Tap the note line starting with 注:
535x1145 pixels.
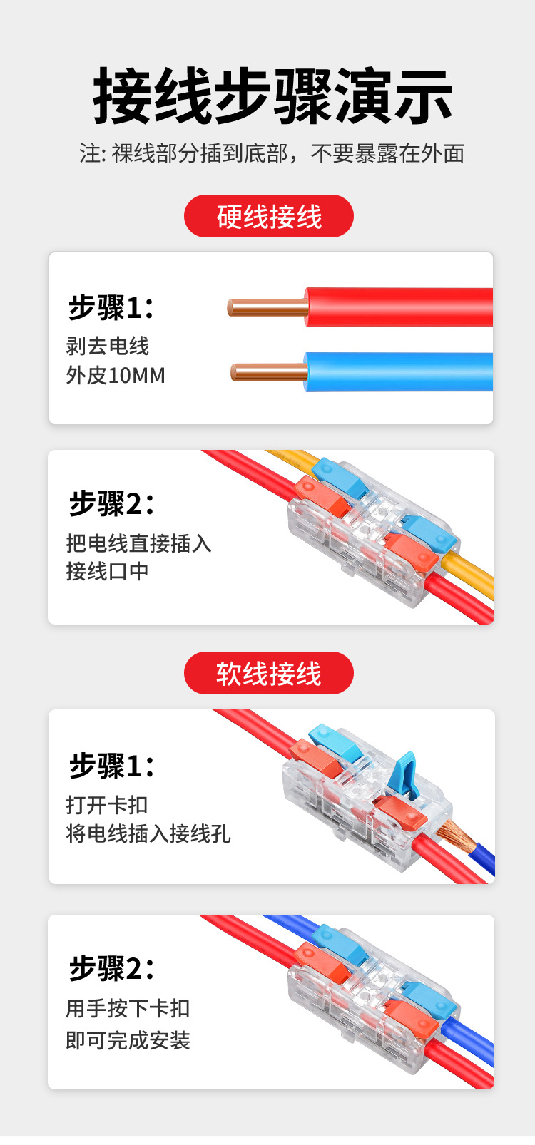point(272,153)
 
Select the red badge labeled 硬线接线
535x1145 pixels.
point(269,216)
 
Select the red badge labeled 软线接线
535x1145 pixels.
point(269,673)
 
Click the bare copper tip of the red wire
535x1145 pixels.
point(267,307)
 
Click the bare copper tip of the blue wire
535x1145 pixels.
point(268,371)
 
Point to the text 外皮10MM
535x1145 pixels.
point(116,375)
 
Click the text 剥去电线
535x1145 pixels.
point(108,346)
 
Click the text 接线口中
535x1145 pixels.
point(108,571)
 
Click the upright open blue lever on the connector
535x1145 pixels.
point(404,774)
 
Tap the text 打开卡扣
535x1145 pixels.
point(107,805)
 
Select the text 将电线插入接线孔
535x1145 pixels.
point(148,833)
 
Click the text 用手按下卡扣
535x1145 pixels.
point(128,1008)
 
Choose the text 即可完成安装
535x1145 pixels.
point(128,1040)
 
